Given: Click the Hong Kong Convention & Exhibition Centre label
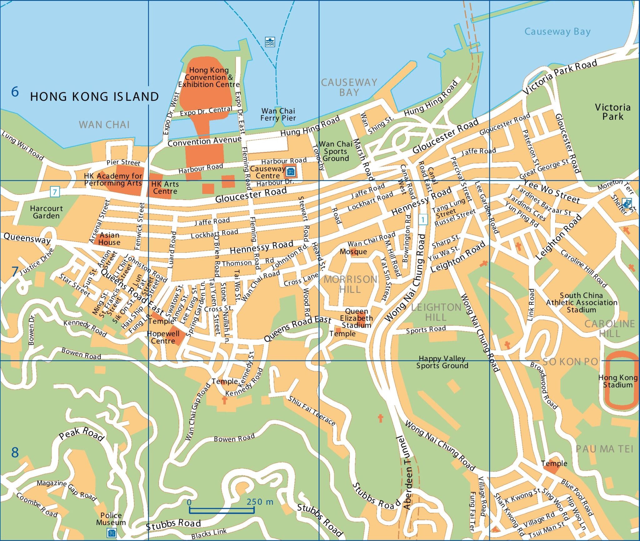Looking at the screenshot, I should [209, 77].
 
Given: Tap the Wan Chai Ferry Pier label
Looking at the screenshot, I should [278, 114].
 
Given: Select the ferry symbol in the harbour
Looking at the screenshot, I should [270, 42].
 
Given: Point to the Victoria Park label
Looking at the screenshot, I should [612, 112].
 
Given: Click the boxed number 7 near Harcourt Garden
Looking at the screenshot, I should [55, 192].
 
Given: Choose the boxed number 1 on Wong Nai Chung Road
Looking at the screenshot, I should [423, 220].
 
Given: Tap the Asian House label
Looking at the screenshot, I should [109, 239].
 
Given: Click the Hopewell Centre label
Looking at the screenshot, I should [163, 337].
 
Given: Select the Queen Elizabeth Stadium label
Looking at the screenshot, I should [356, 318].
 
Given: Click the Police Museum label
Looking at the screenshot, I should [111, 519].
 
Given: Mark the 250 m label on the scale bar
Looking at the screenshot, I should [260, 502].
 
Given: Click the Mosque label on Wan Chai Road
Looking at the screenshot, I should [353, 252].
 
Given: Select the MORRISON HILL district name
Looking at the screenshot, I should [350, 284].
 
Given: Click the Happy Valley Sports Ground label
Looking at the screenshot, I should [442, 362].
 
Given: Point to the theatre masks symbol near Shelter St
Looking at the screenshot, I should [626, 203].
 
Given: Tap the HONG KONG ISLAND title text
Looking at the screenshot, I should [94, 97].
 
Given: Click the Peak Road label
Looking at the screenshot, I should [81, 434].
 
